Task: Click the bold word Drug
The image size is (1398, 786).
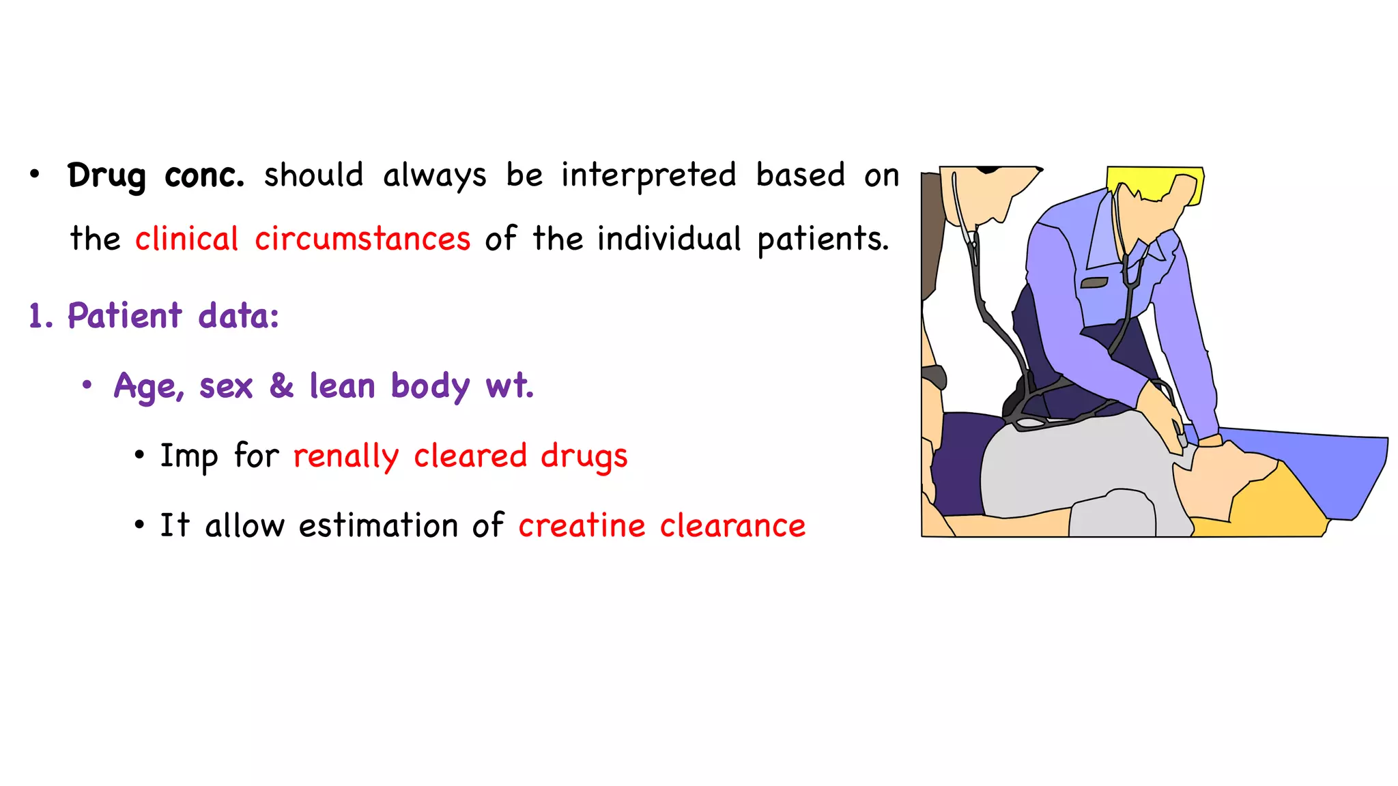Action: click(x=106, y=176)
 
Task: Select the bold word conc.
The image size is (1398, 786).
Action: click(x=204, y=176)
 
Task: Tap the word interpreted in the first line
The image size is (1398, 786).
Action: click(x=648, y=176)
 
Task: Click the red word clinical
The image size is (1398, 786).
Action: click(x=186, y=239)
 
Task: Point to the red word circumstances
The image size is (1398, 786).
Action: click(x=362, y=239)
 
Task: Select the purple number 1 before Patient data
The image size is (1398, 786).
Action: click(x=37, y=317)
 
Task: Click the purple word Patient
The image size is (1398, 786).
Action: click(x=125, y=317)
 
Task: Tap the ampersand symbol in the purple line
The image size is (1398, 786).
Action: click(x=281, y=385)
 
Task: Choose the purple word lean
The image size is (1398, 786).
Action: click(x=343, y=386)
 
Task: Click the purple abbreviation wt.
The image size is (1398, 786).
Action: click(x=509, y=386)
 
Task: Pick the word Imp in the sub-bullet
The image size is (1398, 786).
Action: click(x=188, y=456)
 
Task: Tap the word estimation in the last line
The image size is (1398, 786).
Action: click(x=378, y=526)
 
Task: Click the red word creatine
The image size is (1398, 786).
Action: click(x=582, y=526)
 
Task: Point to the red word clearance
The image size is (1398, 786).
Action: click(x=732, y=526)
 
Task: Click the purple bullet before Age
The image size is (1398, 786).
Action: click(x=87, y=385)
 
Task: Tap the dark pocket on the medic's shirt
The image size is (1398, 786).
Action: click(x=1094, y=282)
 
